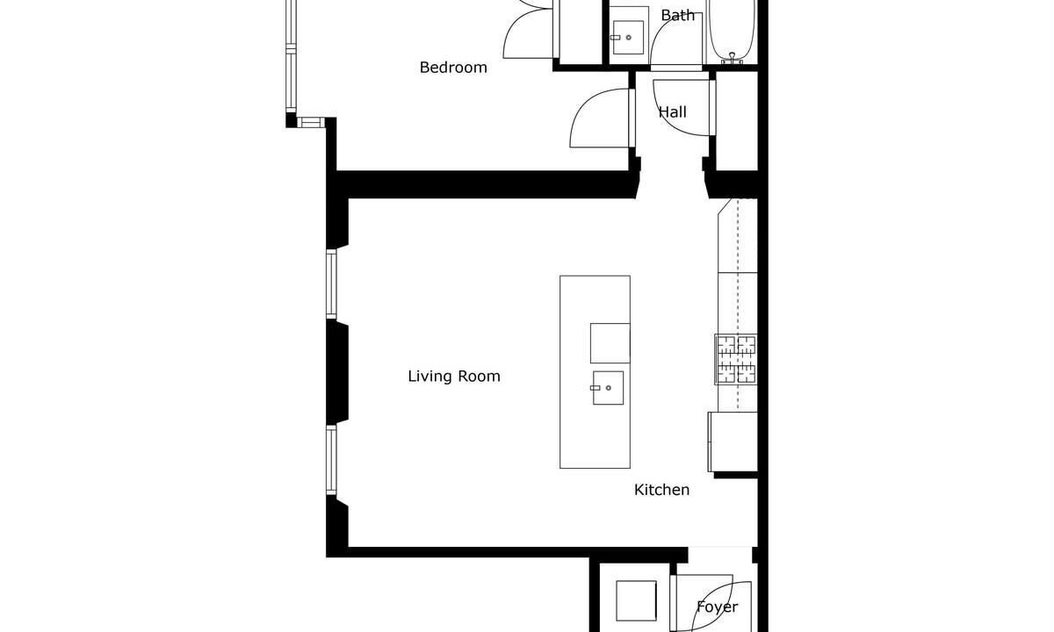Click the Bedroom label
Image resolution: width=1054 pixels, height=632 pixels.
coord(453,68)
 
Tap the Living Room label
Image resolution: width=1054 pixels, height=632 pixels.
coord(454,377)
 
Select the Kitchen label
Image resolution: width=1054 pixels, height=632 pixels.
coord(661,490)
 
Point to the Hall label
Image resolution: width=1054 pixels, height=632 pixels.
coord(673,112)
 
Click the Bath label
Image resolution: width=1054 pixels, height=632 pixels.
coord(677,16)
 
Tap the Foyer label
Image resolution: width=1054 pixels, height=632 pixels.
coord(717,607)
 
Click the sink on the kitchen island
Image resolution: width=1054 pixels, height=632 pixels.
coord(608,388)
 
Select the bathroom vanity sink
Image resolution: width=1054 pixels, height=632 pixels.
coord(628,37)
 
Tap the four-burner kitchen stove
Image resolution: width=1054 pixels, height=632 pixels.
coord(736,360)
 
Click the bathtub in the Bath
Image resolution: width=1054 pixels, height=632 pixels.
coord(733,31)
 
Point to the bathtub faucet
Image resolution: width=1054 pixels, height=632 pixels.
coord(733,58)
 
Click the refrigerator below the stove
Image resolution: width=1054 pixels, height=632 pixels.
coord(733,442)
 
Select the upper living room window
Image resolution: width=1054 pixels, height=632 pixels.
coord(332,284)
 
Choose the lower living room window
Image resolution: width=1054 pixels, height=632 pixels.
coord(332,460)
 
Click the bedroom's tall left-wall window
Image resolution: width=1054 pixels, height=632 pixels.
coord(292,55)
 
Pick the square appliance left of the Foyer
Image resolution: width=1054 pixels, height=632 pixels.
coord(636,601)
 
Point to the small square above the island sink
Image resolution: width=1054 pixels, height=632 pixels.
coord(610,343)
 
